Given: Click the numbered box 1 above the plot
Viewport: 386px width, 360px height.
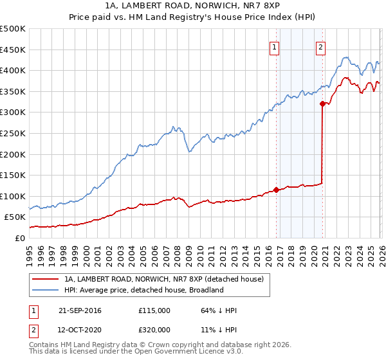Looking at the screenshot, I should click(x=275, y=46).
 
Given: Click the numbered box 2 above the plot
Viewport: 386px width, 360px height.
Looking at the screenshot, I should click(x=320, y=46).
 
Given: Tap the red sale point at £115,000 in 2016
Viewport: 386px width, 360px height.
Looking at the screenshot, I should click(x=276, y=190).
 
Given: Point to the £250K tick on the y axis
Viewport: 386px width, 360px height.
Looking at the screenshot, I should click(x=13, y=133).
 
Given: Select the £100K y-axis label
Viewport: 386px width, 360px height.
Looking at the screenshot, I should click(x=13, y=196).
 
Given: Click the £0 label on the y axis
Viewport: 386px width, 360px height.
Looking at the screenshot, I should click(x=19, y=238).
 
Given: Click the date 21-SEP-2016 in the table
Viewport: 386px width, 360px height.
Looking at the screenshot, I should click(x=80, y=310).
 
